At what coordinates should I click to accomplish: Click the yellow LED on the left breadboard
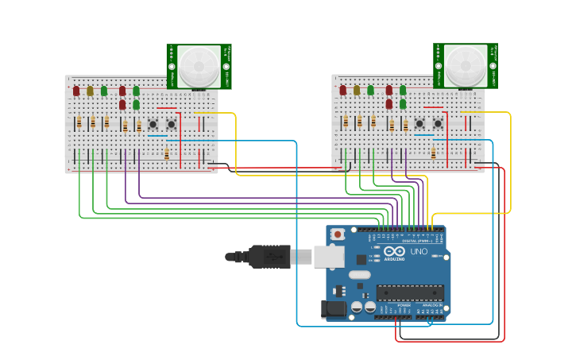(90, 91)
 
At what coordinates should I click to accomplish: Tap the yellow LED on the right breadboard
(357, 91)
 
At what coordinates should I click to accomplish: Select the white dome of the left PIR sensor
(198, 66)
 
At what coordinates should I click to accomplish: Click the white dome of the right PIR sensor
(465, 66)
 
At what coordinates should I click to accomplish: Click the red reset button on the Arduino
(338, 234)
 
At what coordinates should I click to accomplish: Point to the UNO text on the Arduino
(419, 252)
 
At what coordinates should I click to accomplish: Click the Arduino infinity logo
(394, 251)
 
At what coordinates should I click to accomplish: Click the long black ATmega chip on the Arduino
(410, 292)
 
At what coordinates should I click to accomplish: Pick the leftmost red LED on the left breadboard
(76, 91)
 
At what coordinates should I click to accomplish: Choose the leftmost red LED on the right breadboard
(343, 91)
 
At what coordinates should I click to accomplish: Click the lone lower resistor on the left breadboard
(167, 153)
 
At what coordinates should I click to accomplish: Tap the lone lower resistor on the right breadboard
(434, 153)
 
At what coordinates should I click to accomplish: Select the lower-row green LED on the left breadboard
(136, 104)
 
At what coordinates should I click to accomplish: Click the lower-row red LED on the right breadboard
(389, 104)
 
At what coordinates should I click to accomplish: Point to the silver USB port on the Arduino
(328, 257)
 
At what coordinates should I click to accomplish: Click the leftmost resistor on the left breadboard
(79, 122)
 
